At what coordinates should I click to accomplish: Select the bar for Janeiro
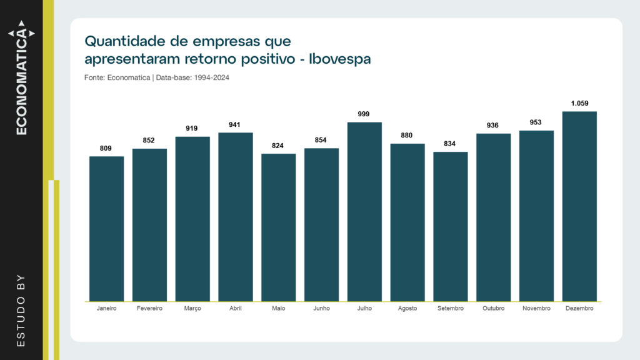tap(106, 229)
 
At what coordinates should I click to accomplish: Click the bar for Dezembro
tap(579, 206)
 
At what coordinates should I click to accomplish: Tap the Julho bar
tap(364, 212)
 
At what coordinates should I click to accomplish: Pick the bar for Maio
tap(278, 227)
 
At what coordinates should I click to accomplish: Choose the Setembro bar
tap(451, 227)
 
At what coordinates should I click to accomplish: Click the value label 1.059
tap(579, 103)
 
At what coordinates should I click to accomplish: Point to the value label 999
tap(364, 114)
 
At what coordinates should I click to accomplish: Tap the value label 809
tap(106, 148)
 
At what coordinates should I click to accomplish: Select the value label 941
tap(235, 124)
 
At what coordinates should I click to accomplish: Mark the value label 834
tap(449, 144)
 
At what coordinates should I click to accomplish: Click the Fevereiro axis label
tap(149, 308)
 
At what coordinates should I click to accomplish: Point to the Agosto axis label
tap(407, 309)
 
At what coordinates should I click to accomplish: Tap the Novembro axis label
tap(536, 308)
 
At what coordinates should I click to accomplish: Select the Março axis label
tap(192, 309)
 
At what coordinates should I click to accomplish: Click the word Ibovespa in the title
tap(339, 59)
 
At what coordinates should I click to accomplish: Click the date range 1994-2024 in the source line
tap(211, 77)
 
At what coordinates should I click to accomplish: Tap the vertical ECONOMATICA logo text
tap(22, 77)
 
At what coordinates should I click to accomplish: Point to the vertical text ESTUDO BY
tap(21, 311)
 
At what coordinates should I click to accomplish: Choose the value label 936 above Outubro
tap(492, 125)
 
